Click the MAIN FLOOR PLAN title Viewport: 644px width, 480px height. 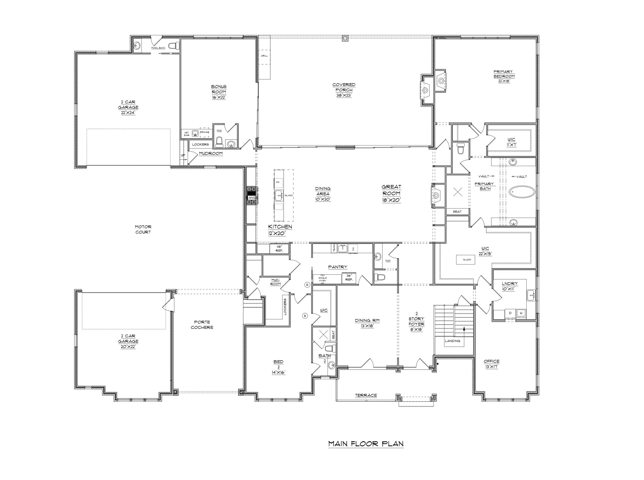tap(366, 444)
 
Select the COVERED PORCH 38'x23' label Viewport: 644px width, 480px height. tap(344, 90)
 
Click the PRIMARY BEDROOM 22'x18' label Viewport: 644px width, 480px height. tap(504, 76)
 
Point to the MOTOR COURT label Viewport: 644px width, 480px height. tap(143, 229)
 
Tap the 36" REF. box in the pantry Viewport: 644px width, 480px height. tap(349, 278)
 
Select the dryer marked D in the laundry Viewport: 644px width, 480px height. tap(510, 313)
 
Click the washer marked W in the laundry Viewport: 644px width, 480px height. tap(521, 313)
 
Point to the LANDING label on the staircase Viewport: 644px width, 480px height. tap(452, 341)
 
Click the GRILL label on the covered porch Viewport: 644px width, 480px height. tap(264, 56)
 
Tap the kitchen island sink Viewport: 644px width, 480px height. tap(279, 195)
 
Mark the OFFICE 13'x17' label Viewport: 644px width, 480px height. tap(491, 364)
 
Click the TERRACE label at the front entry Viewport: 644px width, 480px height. tap(366, 395)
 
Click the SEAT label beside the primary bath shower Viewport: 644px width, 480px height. tap(457, 212)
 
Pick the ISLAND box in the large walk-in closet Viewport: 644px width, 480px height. tap(467, 260)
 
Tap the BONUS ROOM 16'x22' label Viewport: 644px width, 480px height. tap(219, 92)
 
